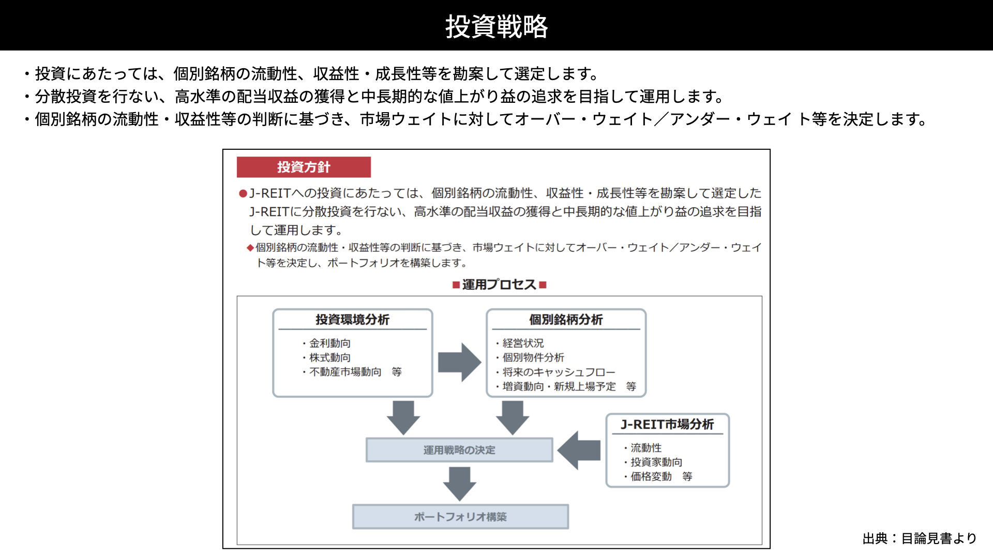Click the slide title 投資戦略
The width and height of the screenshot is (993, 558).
point(496,26)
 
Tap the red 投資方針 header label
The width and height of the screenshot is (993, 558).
point(304,167)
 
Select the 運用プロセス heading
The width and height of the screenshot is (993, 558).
point(499,285)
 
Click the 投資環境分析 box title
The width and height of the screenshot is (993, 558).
point(353,320)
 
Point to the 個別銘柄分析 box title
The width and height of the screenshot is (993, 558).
point(566,320)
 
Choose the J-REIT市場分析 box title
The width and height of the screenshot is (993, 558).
point(667,424)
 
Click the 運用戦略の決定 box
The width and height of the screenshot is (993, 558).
point(459,450)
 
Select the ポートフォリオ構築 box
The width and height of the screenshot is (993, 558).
point(460,517)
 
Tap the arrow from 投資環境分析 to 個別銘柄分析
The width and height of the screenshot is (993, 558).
point(460,362)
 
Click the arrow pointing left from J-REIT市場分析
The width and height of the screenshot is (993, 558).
point(579,451)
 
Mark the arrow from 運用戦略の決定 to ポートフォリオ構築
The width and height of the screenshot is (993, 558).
point(459,484)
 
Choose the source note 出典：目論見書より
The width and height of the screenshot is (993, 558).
point(920,538)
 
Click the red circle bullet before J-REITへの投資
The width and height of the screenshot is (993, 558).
point(243,194)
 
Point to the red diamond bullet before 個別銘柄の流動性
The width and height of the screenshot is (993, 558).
point(250,248)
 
